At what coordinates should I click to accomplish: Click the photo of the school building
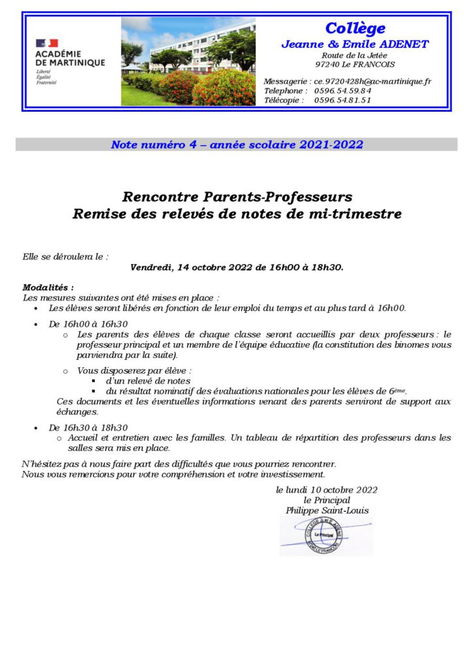tap(188, 61)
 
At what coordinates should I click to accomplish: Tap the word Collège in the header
tap(355, 29)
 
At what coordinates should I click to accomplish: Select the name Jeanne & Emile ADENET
tap(355, 44)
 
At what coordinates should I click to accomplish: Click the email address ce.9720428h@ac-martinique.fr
tap(372, 81)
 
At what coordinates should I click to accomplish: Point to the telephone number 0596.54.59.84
tap(342, 91)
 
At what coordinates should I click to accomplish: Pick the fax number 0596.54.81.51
tap(342, 100)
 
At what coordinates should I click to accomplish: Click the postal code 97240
tap(326, 65)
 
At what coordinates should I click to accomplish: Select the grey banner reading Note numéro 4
tap(236, 144)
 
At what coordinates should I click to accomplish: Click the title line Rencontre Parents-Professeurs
tap(236, 196)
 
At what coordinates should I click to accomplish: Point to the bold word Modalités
tap(48, 287)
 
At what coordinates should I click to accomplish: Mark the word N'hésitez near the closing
tap(40, 463)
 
